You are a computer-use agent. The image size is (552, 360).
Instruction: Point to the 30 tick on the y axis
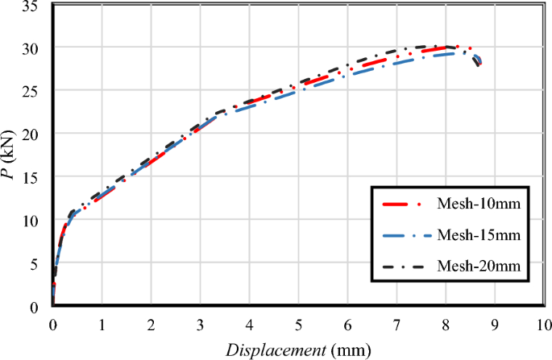(x=34, y=48)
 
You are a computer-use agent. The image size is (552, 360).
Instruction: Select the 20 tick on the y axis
(x=34, y=134)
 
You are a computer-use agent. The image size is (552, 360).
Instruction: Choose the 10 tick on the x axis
(x=543, y=325)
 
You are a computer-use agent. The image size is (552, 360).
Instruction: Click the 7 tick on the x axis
(x=396, y=325)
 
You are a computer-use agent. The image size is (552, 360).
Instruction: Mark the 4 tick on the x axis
(x=249, y=325)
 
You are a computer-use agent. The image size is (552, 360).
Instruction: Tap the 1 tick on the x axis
(x=102, y=325)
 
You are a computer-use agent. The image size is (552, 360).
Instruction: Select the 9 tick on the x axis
(x=494, y=325)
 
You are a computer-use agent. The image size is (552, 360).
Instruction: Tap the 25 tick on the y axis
(x=34, y=91)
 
